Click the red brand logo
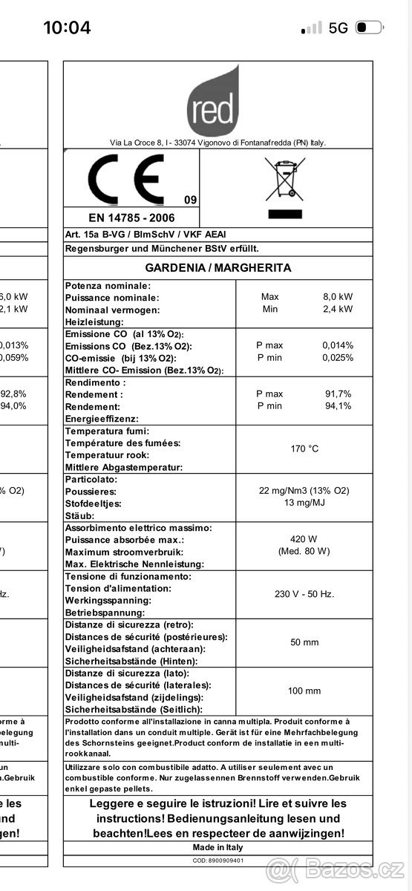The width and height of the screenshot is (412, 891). click(213, 102)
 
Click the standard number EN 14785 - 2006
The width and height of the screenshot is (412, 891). click(131, 218)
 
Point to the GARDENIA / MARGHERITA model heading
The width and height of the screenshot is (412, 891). click(218, 267)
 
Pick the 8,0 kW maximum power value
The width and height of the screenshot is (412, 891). click(337, 297)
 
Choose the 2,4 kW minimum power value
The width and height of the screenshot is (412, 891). click(337, 309)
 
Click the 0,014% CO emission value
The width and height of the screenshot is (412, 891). click(337, 345)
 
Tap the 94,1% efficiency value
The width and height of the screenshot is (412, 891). click(337, 405)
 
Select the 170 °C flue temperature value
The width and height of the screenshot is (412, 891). click(304, 448)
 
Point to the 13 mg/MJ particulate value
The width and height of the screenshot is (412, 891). click(304, 503)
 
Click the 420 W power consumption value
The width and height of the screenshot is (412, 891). click(304, 539)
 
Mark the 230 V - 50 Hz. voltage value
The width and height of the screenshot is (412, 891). click(304, 593)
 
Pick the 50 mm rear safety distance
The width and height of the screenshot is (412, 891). click(304, 642)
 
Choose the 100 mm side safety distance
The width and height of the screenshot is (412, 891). click(304, 691)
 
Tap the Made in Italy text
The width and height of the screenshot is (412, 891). click(218, 847)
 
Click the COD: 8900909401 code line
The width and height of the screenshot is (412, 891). click(218, 861)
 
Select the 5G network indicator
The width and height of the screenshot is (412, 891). click(338, 28)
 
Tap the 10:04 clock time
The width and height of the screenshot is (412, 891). click(67, 28)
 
